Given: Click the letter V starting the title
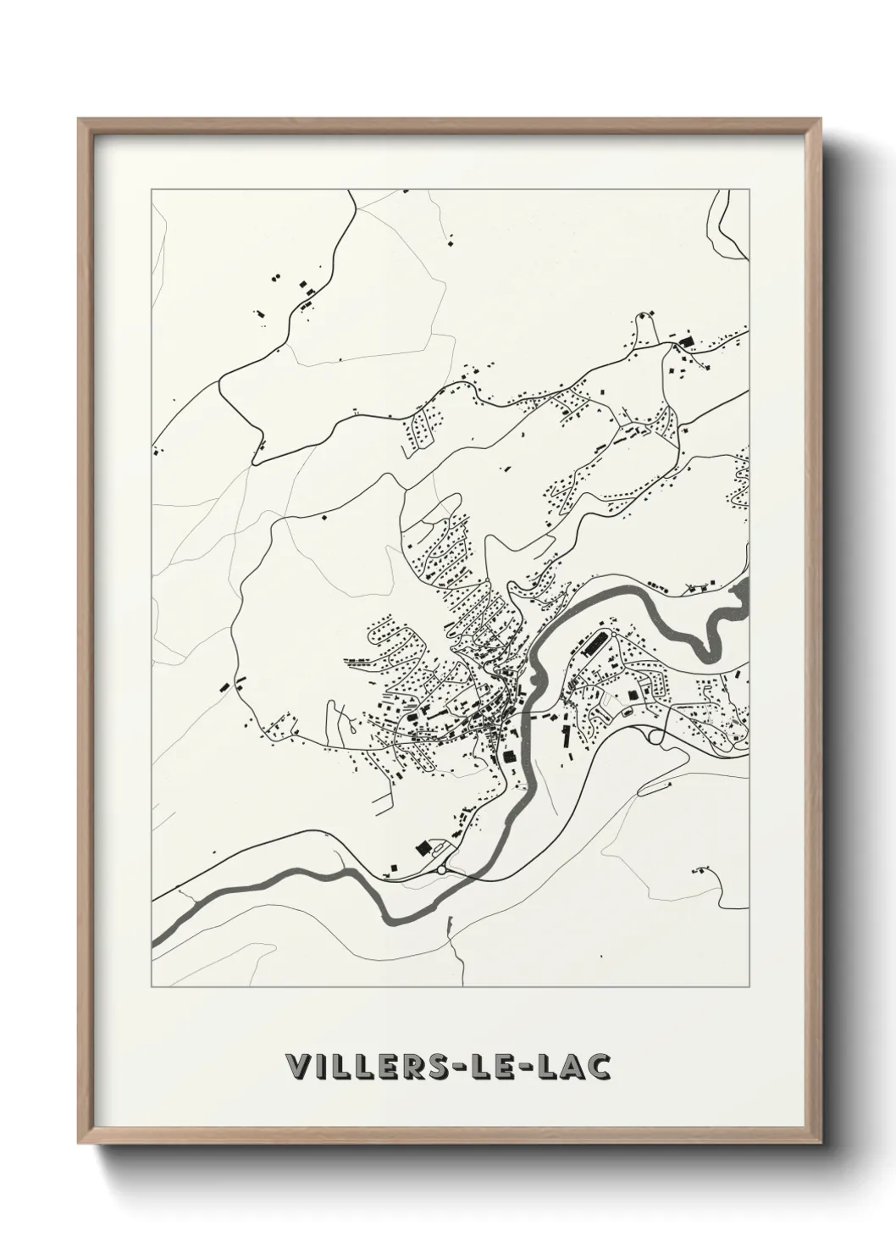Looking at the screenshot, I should (297, 1067).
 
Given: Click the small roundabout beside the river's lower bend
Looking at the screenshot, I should (441, 869).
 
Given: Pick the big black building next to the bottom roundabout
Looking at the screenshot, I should (421, 848).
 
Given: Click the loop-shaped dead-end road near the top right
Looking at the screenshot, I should (648, 323).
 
